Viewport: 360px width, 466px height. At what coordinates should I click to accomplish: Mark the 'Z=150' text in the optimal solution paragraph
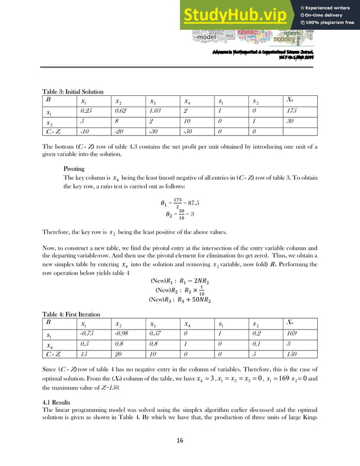[123, 388]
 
